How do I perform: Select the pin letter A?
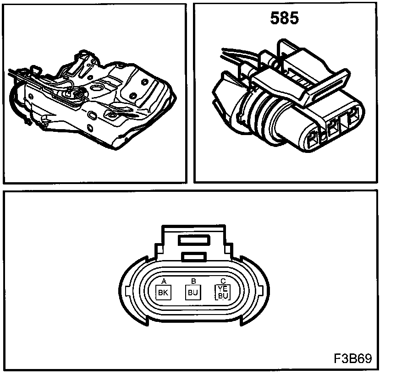point(164,282)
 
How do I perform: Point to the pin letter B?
point(193,282)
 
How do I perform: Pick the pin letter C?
point(223,281)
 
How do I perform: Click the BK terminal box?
point(163,292)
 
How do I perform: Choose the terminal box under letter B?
point(193,292)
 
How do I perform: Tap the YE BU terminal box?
point(223,292)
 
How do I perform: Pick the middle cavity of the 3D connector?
point(333,126)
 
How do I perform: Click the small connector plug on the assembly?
point(73,94)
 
